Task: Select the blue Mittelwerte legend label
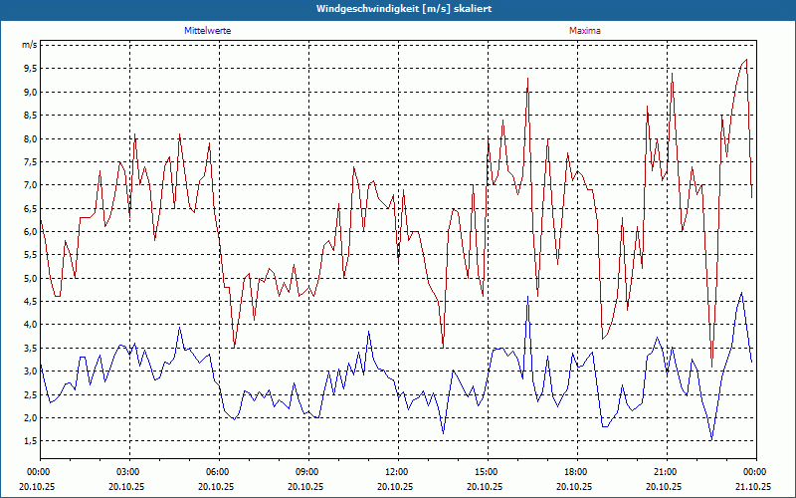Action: (208, 31)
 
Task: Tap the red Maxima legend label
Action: (585, 31)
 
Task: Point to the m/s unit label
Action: (29, 45)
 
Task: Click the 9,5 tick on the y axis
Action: (29, 69)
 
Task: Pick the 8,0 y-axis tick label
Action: (29, 138)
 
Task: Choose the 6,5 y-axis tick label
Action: (29, 208)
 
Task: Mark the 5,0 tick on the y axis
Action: (29, 278)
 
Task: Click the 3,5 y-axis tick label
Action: (29, 348)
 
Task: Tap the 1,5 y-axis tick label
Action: (29, 441)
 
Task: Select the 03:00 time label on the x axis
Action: (128, 471)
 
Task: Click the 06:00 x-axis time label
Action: (218, 471)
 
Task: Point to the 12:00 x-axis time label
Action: (397, 471)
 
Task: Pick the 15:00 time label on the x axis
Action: (487, 471)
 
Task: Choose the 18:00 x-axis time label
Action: (576, 471)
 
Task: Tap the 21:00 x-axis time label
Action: (666, 471)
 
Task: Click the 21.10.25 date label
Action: (754, 486)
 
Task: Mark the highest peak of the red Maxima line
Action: (746, 60)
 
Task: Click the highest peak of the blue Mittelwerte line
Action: (741, 293)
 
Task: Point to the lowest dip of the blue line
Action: (711, 439)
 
